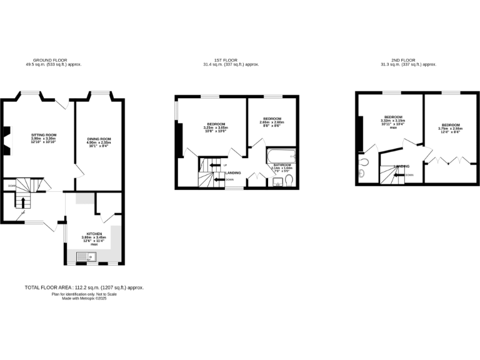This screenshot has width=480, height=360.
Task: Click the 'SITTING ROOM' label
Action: click(x=44, y=134)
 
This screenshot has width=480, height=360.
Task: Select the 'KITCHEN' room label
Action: click(x=94, y=234)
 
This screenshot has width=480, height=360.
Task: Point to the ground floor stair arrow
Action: click(x=24, y=202)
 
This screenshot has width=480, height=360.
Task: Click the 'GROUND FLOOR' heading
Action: click(x=54, y=61)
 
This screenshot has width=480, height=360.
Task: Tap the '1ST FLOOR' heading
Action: click(x=231, y=61)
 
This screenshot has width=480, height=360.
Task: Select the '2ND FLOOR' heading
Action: click(x=409, y=61)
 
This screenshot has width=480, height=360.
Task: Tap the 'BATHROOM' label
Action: click(x=282, y=165)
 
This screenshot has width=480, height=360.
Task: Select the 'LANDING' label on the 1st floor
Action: click(x=233, y=172)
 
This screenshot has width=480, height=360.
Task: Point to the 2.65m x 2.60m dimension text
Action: click(x=272, y=122)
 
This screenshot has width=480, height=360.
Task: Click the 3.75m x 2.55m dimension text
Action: click(x=449, y=129)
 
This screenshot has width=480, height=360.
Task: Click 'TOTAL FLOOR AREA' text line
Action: click(x=84, y=287)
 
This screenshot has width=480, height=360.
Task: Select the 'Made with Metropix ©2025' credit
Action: click(x=84, y=298)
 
